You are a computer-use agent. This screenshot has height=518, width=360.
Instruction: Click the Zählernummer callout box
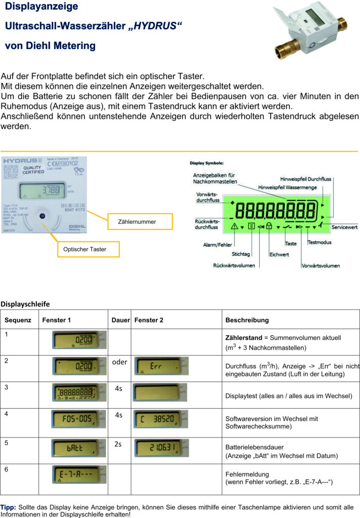(x=137, y=222)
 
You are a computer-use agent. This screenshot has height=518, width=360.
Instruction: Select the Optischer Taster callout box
(x=85, y=249)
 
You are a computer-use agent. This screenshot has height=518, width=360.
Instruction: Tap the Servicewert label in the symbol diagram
(x=344, y=227)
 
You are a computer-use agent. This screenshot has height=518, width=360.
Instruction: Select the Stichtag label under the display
(x=241, y=254)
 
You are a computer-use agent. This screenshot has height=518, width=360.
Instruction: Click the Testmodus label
(x=320, y=243)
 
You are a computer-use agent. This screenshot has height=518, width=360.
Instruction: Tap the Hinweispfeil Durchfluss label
(x=305, y=179)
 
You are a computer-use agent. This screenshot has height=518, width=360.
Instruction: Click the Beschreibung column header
(x=247, y=320)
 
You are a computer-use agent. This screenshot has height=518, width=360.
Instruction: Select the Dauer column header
(x=121, y=320)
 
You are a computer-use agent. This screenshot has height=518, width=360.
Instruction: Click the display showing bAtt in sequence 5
(x=79, y=449)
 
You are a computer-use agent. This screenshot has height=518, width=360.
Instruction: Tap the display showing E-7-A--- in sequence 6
(x=79, y=476)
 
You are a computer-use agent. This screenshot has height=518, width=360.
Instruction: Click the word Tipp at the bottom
(x=8, y=506)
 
